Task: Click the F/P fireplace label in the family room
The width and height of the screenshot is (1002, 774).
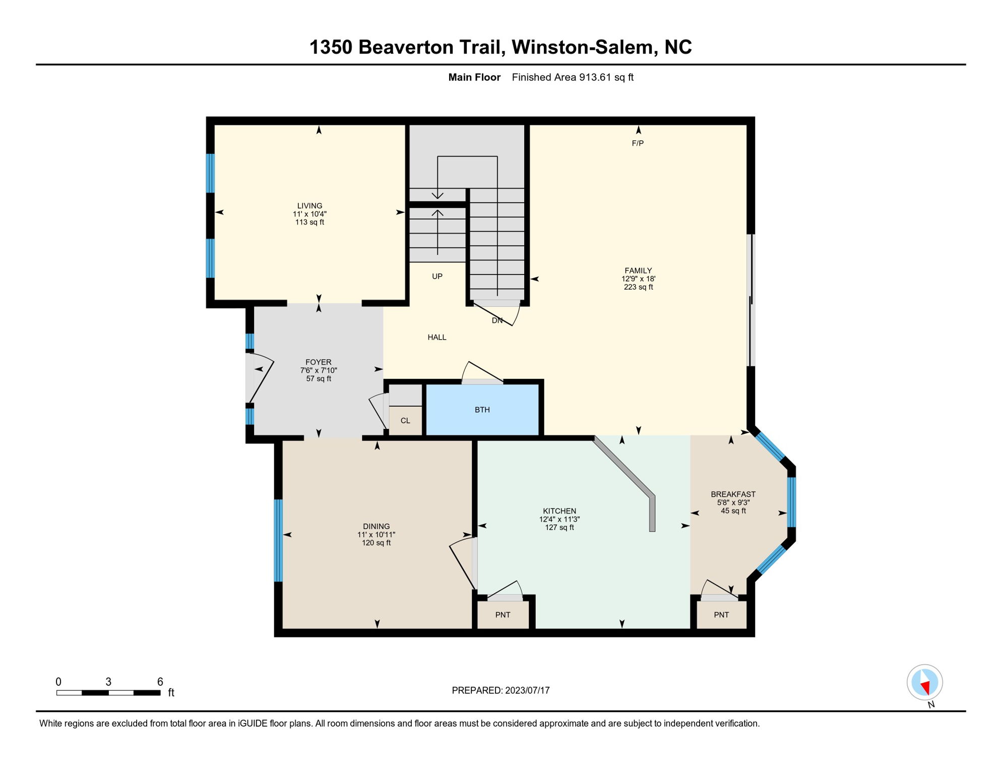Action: click(x=638, y=143)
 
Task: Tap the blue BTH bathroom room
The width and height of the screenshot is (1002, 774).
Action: click(x=482, y=410)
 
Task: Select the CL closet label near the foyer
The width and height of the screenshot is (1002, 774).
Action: click(x=405, y=420)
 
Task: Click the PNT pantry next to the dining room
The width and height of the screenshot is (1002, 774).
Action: click(x=503, y=615)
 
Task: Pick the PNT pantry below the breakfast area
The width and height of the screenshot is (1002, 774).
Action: click(x=721, y=615)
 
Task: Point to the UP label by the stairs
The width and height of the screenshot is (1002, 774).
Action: click(x=437, y=276)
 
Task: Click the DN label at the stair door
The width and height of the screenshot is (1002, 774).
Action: click(x=497, y=320)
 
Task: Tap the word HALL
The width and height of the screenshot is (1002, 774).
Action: click(x=437, y=337)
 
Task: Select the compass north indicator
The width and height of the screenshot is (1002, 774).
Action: click(x=925, y=683)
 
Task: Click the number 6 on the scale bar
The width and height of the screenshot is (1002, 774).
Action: click(x=160, y=682)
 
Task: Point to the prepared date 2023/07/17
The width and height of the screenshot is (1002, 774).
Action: click(x=527, y=690)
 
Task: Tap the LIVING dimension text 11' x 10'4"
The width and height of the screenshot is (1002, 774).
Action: click(x=309, y=214)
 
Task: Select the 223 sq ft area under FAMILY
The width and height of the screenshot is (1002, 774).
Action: click(x=638, y=287)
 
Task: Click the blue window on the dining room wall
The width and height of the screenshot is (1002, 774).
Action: click(x=278, y=540)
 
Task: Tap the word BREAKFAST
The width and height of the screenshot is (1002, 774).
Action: click(x=733, y=494)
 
